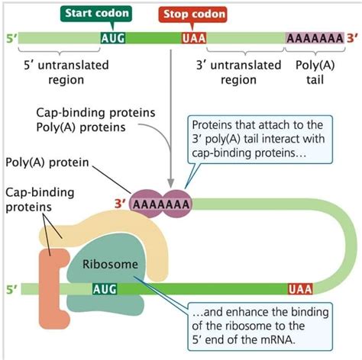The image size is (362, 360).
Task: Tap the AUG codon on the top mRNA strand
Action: tap(113, 37)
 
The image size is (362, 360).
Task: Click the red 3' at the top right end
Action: tap(351, 37)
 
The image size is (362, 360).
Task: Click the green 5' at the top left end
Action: tap(10, 37)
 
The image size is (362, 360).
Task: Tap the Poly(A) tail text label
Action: tap(314, 72)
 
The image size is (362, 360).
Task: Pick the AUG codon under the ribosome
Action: tap(104, 289)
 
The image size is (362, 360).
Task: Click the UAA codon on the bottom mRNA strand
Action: tap(299, 289)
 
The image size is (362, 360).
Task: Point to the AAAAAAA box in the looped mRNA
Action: tap(160, 204)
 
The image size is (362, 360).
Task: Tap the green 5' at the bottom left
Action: tap(10, 289)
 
